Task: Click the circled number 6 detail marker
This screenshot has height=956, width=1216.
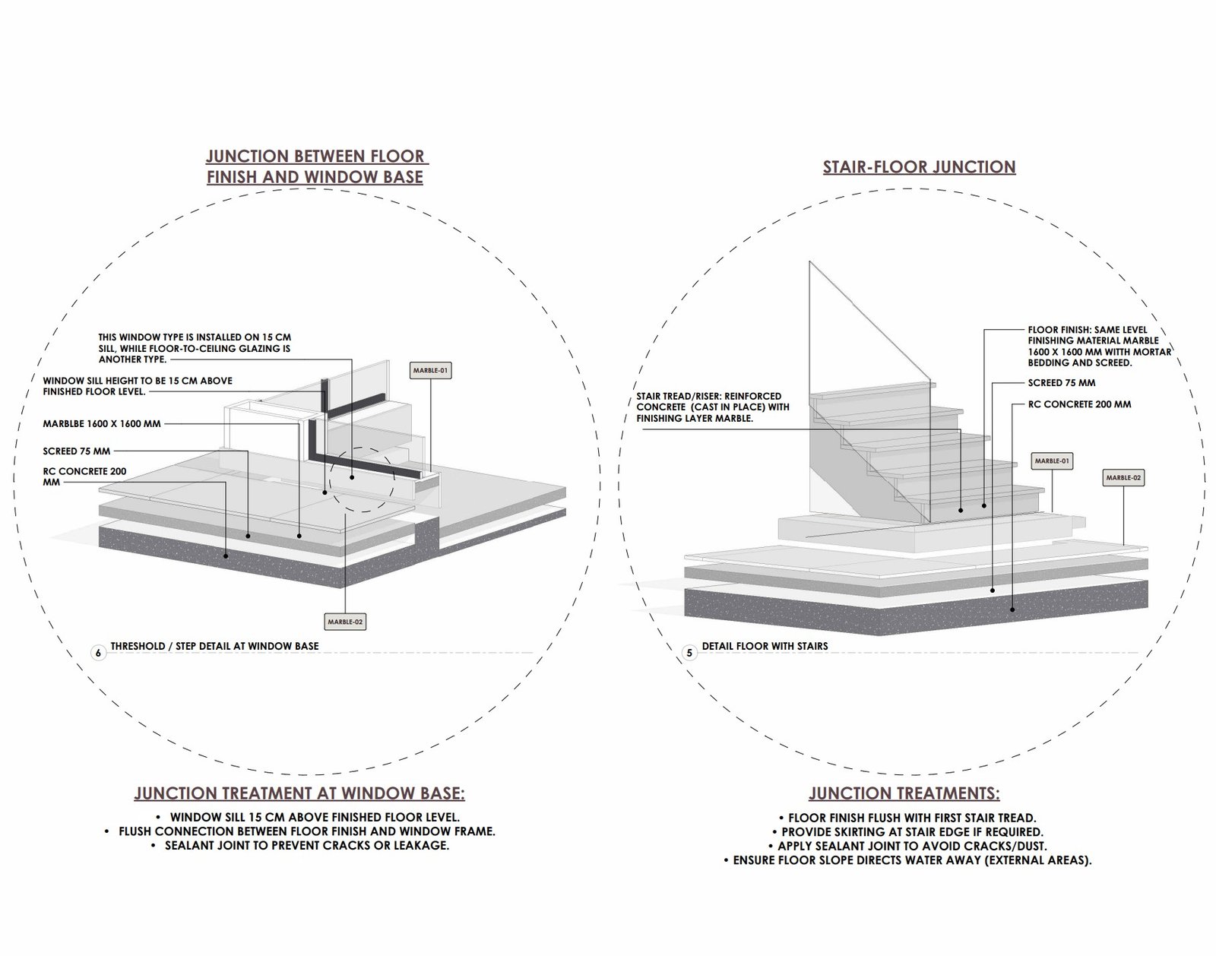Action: pyautogui.click(x=98, y=653)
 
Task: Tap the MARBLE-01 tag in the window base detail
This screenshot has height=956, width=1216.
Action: pyautogui.click(x=430, y=371)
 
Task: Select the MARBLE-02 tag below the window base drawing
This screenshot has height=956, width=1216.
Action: pyautogui.click(x=345, y=622)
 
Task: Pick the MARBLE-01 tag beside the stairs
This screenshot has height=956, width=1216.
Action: pyautogui.click(x=1052, y=461)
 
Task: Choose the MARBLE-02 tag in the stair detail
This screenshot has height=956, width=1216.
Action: pyautogui.click(x=1123, y=478)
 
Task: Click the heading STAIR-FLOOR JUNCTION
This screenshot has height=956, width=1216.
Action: pyautogui.click(x=919, y=167)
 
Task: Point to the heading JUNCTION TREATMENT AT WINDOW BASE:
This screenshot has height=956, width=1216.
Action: pyautogui.click(x=299, y=794)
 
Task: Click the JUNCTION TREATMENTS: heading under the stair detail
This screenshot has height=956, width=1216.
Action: pyautogui.click(x=904, y=794)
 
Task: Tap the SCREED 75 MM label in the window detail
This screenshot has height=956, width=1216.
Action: pyautogui.click(x=76, y=451)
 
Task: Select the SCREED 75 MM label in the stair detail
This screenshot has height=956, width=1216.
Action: pyautogui.click(x=1062, y=383)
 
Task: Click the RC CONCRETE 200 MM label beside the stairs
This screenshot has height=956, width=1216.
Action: pyautogui.click(x=1079, y=404)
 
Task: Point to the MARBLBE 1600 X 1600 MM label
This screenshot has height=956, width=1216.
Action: pyautogui.click(x=102, y=423)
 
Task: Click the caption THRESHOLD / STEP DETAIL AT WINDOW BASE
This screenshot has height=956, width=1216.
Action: pyautogui.click(x=214, y=646)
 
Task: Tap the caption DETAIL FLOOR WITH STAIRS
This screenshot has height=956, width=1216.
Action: pyautogui.click(x=765, y=646)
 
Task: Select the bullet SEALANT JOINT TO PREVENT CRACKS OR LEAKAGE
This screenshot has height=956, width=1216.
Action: pyautogui.click(x=306, y=845)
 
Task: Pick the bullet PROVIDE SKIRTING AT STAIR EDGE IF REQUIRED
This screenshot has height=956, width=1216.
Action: pyautogui.click(x=912, y=832)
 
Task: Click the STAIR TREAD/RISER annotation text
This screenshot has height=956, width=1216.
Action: pyautogui.click(x=712, y=407)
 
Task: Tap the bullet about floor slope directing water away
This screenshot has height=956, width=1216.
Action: pyautogui.click(x=912, y=861)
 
